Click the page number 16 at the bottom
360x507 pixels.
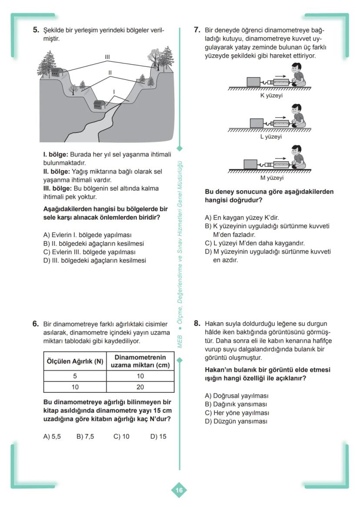pyautogui.click(x=179, y=490)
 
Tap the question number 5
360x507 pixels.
pyautogui.click(x=37, y=30)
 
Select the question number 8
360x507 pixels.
pyautogui.click(x=197, y=323)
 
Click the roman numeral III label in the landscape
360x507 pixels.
pyautogui.click(x=107, y=57)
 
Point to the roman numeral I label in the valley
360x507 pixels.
pyautogui.click(x=114, y=92)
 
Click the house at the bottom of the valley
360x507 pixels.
pyautogui.click(x=100, y=105)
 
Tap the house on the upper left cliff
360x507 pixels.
pyautogui.click(x=55, y=72)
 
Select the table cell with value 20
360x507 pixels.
pyautogui.click(x=140, y=387)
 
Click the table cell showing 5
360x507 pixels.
pyautogui.click(x=75, y=376)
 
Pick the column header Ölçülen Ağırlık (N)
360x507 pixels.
pyautogui.click(x=75, y=361)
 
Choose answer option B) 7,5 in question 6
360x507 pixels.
pyautogui.click(x=85, y=437)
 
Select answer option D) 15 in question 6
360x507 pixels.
pyautogui.click(x=158, y=437)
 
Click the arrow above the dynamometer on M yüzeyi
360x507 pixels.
pyautogui.click(x=281, y=158)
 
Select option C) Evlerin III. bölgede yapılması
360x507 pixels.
pyautogui.click(x=90, y=252)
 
